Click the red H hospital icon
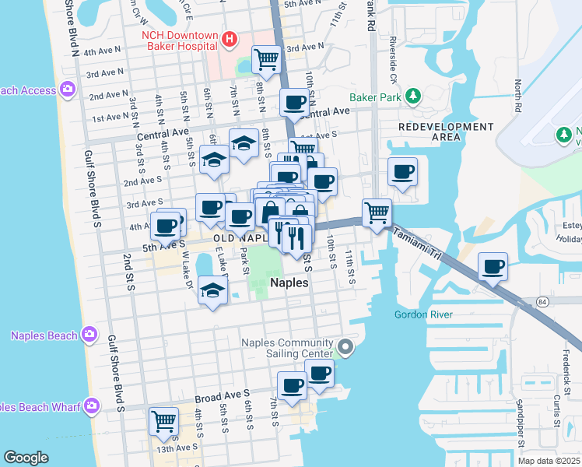tap(230, 38)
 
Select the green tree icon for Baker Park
tap(414, 97)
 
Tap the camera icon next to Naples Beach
tap(89, 335)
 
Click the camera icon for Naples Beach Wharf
tap(93, 406)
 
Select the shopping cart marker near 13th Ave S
tap(163, 421)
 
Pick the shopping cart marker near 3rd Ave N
tap(266, 58)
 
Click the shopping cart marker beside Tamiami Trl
tap(377, 211)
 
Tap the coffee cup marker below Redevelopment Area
tap(402, 171)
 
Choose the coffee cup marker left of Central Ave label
tap(294, 102)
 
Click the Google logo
tap(26, 458)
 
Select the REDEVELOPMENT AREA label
tap(446, 132)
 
